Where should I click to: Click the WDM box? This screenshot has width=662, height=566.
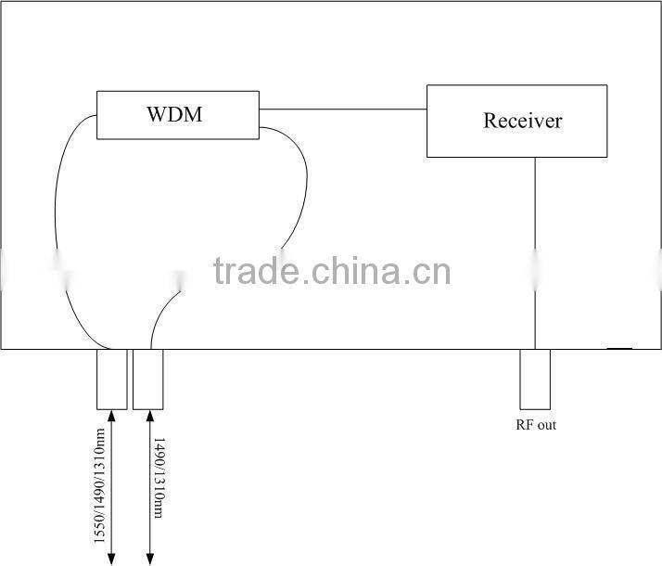177,115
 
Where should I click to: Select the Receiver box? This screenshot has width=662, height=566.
516,121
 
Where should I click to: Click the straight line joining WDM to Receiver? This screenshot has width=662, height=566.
342,109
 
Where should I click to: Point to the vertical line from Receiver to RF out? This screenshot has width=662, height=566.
535,251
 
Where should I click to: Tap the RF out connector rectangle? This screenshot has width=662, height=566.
535,379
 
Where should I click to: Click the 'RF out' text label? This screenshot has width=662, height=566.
536,426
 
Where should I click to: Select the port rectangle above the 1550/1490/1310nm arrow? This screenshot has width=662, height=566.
111,379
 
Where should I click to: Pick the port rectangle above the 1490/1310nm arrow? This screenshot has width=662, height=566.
147,379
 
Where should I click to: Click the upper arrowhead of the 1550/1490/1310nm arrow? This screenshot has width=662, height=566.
111,416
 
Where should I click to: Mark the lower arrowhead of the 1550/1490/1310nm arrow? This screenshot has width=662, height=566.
111,559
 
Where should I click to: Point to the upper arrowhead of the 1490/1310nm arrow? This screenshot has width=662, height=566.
147,416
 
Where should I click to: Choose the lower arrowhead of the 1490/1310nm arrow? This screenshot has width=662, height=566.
147,559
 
